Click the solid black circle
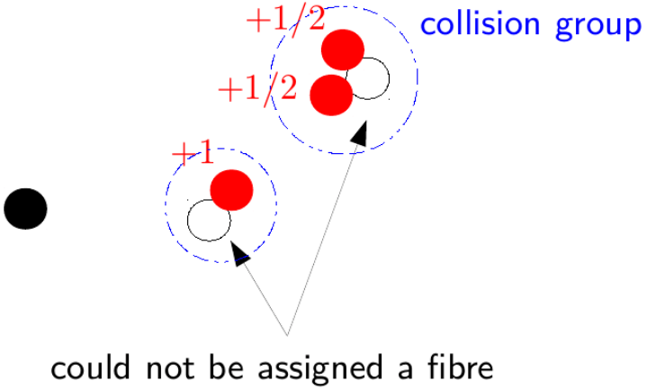[25, 209]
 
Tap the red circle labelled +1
[232, 190]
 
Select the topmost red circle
[343, 49]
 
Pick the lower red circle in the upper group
[330, 95]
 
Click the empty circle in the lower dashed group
[209, 220]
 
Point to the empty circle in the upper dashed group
[368, 79]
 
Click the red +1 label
[193, 154]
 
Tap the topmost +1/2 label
[285, 21]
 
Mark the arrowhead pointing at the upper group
[360, 132]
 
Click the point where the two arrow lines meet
[287, 335]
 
